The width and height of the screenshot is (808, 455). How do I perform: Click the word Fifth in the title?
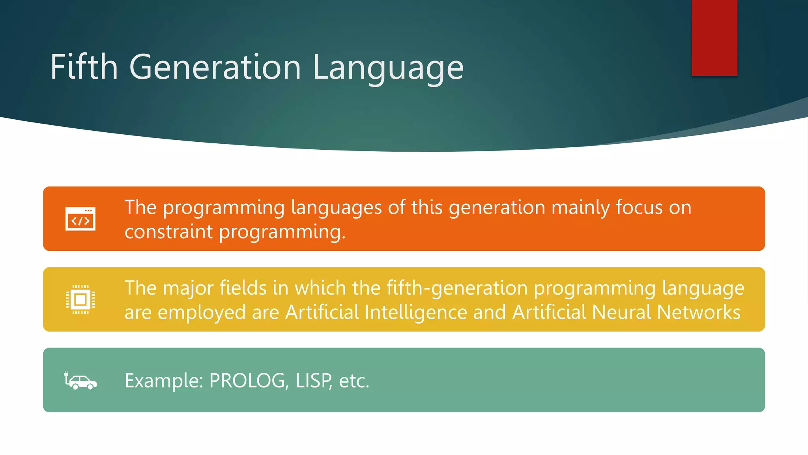[x=84, y=67]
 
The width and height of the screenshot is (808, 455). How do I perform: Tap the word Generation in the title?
[x=215, y=67]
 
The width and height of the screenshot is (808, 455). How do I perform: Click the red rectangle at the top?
[x=714, y=38]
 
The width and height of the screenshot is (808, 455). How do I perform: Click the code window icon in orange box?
[x=80, y=219]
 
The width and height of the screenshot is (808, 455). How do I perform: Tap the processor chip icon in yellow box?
[x=80, y=299]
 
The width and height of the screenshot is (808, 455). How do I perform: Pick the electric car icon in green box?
[x=80, y=380]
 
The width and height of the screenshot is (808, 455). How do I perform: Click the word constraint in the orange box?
[x=168, y=231]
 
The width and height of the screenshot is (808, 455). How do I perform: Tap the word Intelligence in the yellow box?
[x=416, y=312]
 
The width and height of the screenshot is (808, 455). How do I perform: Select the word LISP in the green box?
[x=313, y=381]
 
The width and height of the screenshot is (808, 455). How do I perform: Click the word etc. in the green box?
[x=354, y=381]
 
